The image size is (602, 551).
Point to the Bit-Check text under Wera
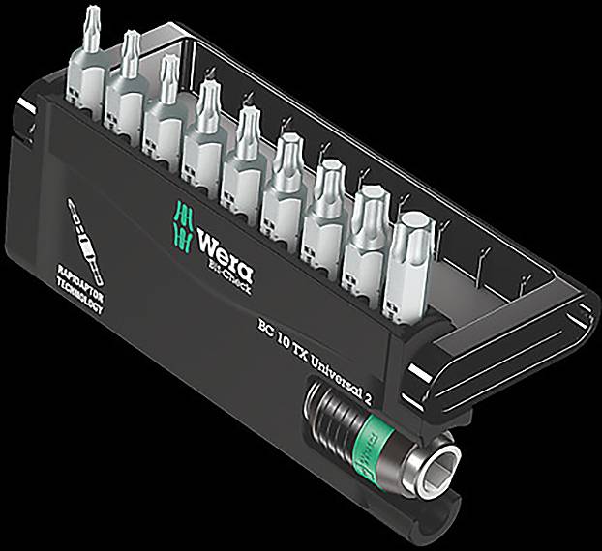point(229,258)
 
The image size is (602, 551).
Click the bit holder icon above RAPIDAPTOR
point(85,228)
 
